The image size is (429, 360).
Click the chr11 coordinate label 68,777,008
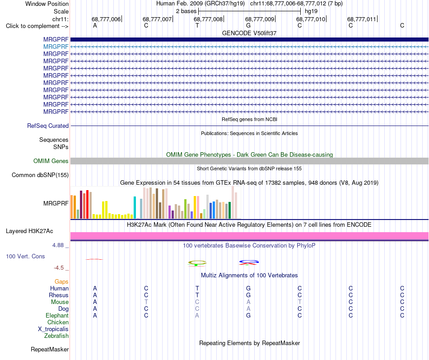coord(208,19)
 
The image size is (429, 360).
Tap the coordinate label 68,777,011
coord(362,19)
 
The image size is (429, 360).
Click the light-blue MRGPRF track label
coord(56,47)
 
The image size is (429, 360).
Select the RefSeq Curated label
coord(48,126)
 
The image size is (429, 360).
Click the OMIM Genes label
coord(51,161)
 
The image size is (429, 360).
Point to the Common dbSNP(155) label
coord(40,175)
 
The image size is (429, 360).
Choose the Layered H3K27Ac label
coord(29,231)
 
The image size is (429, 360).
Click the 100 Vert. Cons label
coord(25,256)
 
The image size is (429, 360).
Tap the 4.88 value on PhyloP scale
coord(58,245)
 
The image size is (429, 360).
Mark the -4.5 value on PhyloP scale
coord(59,268)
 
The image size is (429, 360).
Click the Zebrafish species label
coord(56,336)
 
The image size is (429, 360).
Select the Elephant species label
coord(57,315)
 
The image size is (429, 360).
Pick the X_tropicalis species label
coord(53,329)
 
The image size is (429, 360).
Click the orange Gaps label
coord(61,281)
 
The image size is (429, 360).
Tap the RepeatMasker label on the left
coord(50,349)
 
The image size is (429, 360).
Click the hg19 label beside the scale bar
coord(311,11)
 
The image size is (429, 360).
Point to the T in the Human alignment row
coord(197,288)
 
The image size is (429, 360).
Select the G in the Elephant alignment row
coord(248,315)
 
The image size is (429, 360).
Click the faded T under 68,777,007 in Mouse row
coord(146,302)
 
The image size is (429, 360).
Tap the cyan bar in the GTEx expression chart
coord(135,207)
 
